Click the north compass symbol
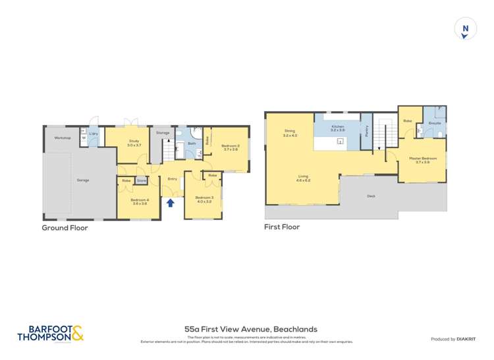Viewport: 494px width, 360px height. (x=465, y=29)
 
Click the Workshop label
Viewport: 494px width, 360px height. (x=63, y=138)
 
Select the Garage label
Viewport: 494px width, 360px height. (x=82, y=180)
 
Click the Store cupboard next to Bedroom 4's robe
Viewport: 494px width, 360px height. (x=141, y=180)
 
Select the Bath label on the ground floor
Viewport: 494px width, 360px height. (x=192, y=143)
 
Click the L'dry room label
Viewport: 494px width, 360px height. (x=94, y=134)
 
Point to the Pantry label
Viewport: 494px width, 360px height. (x=366, y=131)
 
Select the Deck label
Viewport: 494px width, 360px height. (x=372, y=195)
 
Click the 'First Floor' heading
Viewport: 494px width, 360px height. (x=281, y=227)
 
